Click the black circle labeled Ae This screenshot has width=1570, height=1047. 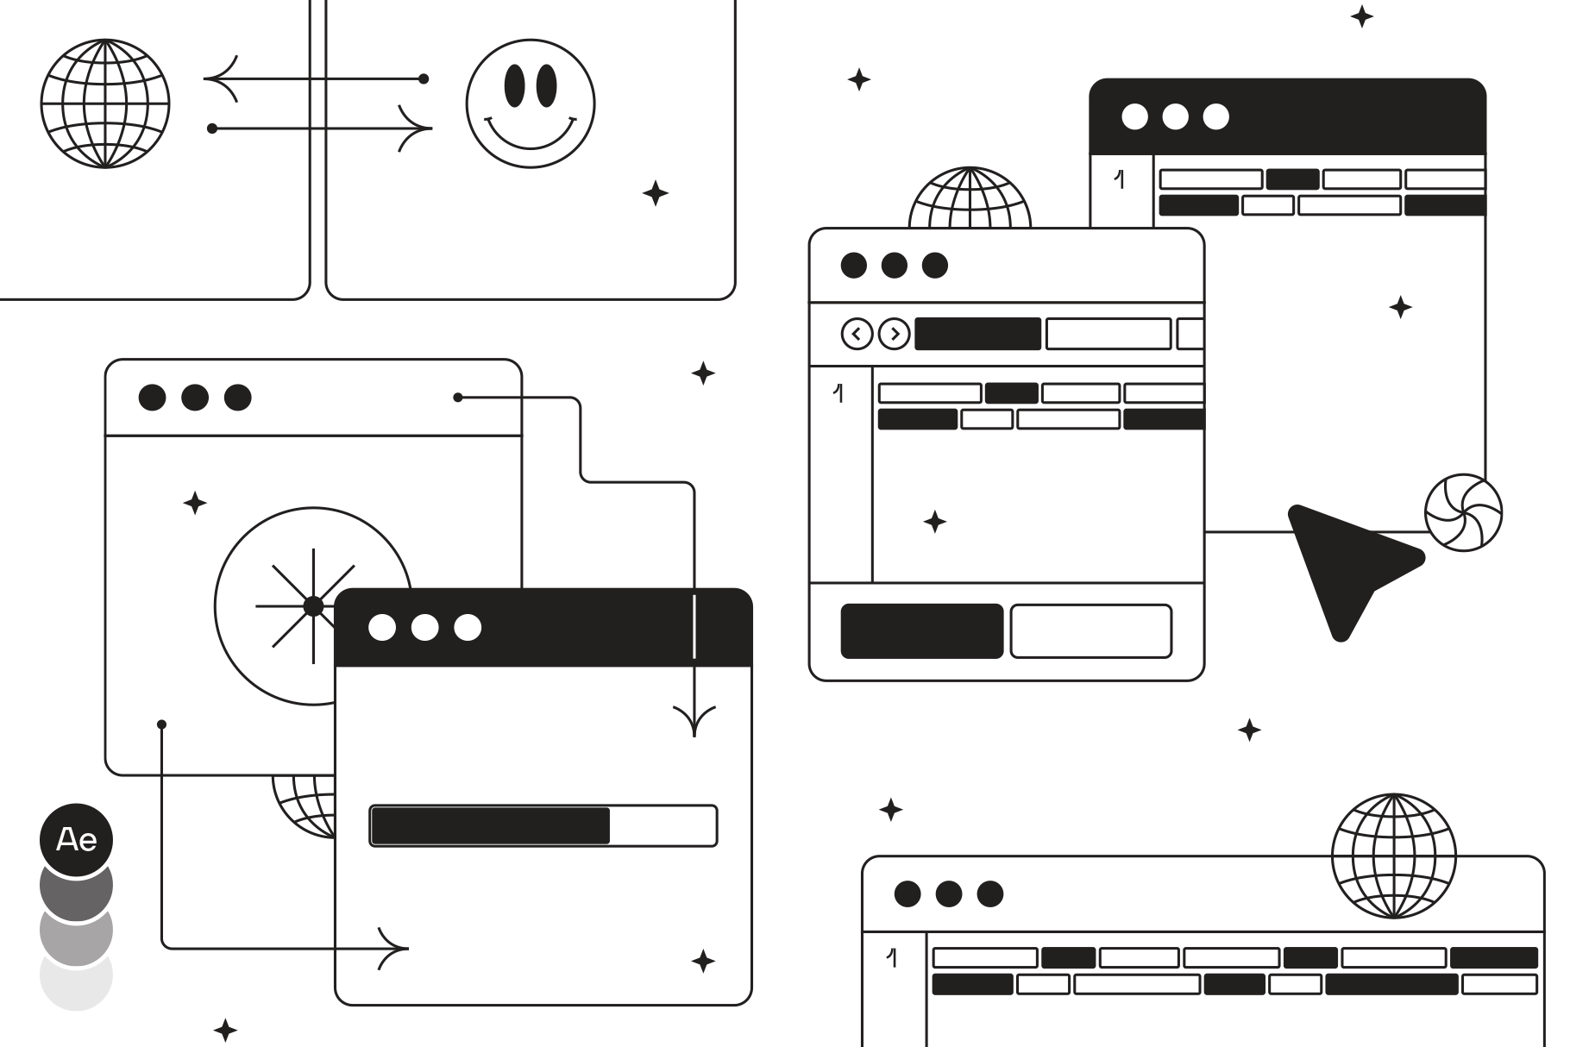click(x=76, y=840)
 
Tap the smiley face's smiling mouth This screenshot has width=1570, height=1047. click(x=531, y=132)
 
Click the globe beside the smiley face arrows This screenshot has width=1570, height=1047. click(x=105, y=103)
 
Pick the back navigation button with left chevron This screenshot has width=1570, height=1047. click(x=857, y=334)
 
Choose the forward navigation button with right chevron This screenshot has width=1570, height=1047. click(x=895, y=334)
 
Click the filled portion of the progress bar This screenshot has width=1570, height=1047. click(x=490, y=826)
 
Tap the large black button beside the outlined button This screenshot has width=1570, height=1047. click(x=921, y=631)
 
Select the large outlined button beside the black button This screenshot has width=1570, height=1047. click(x=1091, y=631)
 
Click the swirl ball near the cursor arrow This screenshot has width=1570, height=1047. click(x=1463, y=512)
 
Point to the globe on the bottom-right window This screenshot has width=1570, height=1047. click(x=1393, y=856)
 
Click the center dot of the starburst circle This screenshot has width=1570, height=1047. click(x=313, y=606)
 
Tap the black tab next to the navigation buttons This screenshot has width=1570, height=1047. click(x=977, y=334)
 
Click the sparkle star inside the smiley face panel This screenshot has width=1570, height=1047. click(x=656, y=193)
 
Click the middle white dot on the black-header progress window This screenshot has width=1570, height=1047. click(x=424, y=627)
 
